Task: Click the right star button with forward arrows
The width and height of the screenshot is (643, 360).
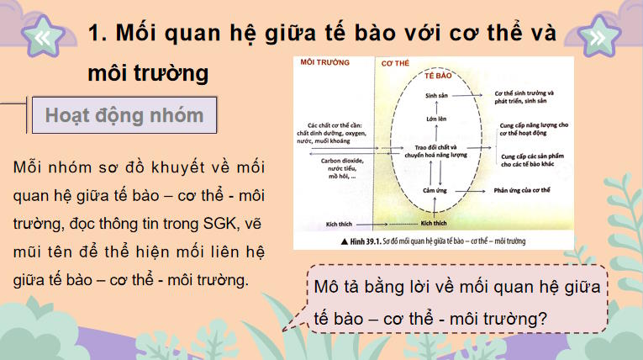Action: pos(597,37)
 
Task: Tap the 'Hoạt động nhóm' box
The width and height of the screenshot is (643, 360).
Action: pos(124,115)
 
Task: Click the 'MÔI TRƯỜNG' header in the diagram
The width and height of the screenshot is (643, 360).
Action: pos(324,63)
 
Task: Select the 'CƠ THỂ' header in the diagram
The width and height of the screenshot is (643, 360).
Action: pos(396,63)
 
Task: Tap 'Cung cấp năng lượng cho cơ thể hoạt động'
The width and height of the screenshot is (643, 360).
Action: pos(534,128)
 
